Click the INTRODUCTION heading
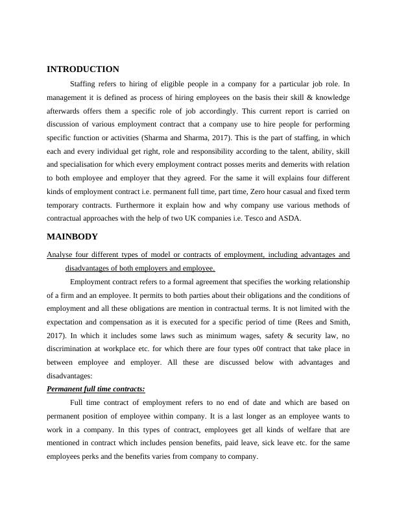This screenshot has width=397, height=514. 83,69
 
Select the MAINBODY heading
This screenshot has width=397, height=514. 72,237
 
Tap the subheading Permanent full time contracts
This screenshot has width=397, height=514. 96,389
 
